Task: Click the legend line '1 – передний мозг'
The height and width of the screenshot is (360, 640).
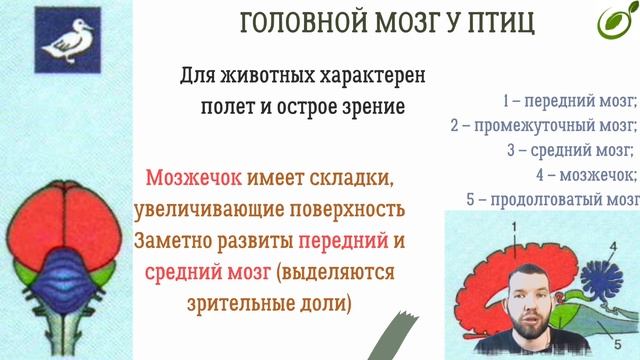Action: pyautogui.click(x=570, y=101)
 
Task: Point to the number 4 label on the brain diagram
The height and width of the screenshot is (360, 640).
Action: pyautogui.click(x=613, y=244)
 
